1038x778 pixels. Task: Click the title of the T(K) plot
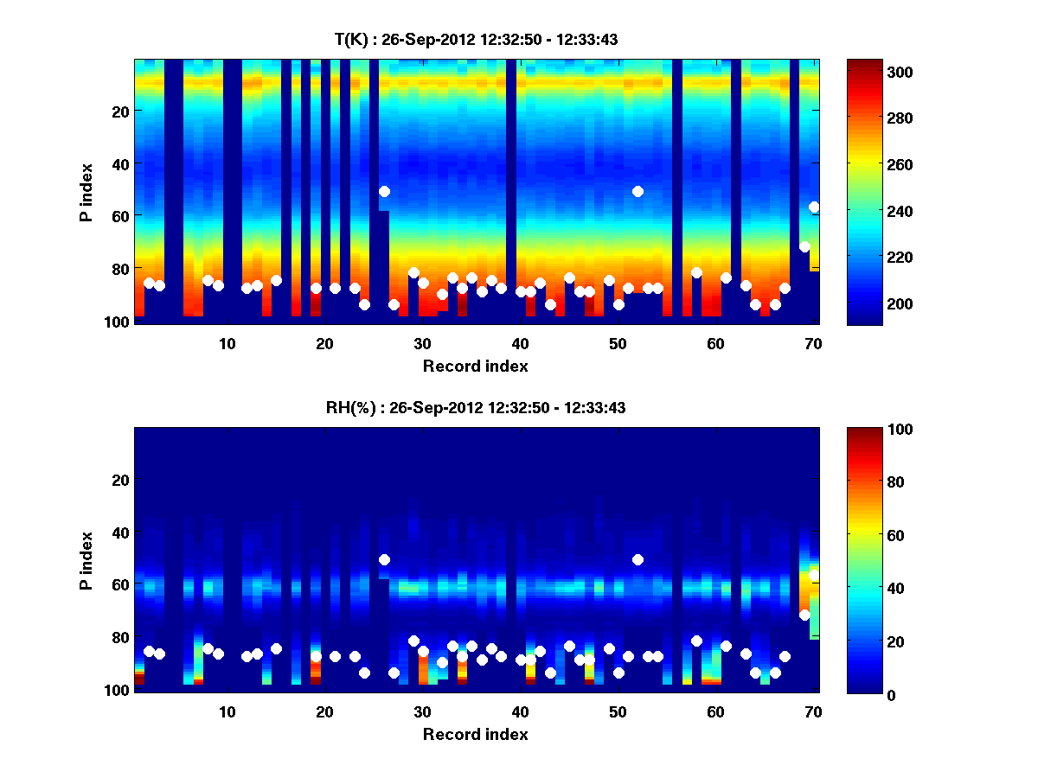tap(476, 39)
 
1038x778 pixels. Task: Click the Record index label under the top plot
tap(476, 367)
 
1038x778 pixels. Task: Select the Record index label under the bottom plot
tap(476, 735)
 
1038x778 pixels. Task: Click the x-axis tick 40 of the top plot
tap(520, 344)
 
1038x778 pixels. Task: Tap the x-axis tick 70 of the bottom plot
tap(813, 712)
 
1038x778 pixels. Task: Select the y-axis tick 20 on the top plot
tap(119, 111)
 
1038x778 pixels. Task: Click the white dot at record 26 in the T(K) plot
tap(384, 191)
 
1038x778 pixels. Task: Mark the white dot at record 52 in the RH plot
tap(638, 559)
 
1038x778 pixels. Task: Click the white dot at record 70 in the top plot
tap(814, 207)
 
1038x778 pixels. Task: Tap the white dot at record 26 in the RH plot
tap(384, 559)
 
